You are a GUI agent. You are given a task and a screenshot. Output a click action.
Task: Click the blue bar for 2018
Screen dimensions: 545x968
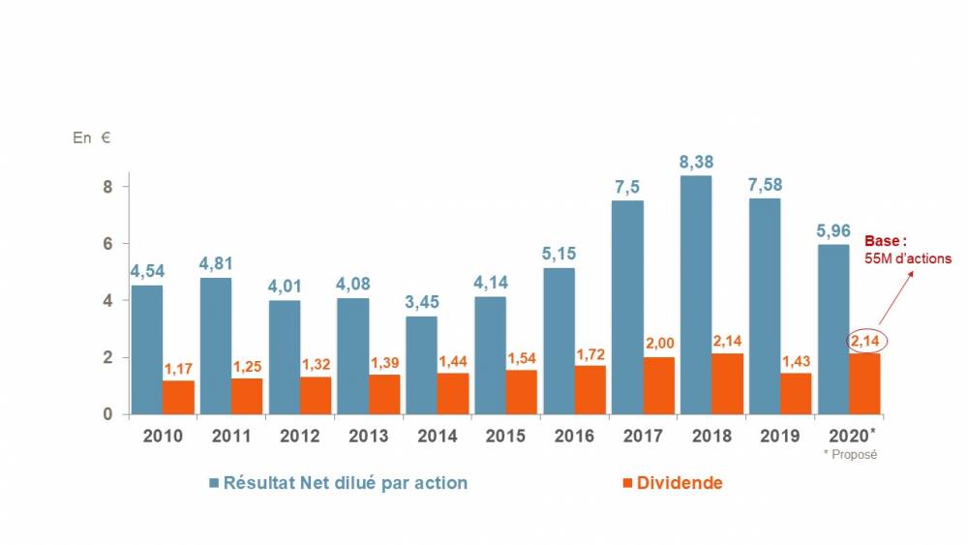click(695, 294)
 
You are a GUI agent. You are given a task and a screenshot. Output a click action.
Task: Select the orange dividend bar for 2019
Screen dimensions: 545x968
click(797, 394)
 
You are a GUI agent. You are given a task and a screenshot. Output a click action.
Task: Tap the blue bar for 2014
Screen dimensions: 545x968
click(421, 365)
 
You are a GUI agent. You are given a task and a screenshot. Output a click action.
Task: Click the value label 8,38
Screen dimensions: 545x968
click(695, 162)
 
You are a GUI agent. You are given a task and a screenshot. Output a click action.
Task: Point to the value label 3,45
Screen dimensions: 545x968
click(421, 303)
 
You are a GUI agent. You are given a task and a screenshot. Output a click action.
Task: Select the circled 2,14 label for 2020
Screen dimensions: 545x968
click(865, 340)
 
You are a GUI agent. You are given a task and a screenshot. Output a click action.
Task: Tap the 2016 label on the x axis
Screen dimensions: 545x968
click(575, 436)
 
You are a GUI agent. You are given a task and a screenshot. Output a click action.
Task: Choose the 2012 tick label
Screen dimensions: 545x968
click(300, 436)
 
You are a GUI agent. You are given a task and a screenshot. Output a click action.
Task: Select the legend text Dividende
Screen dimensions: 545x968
click(680, 482)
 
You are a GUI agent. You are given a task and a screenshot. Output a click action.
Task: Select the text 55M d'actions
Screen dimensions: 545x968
click(907, 259)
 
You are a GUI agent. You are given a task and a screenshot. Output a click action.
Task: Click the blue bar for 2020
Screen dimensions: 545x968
click(833, 329)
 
